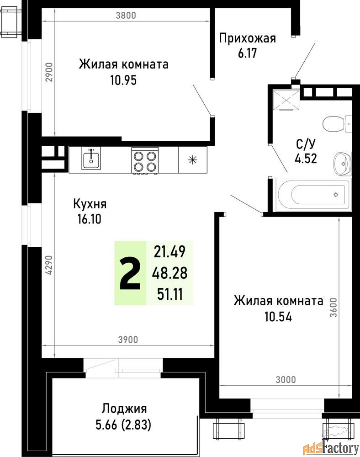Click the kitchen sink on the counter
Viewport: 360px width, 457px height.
91,158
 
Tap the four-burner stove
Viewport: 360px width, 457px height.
145,161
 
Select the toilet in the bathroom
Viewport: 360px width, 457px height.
337,123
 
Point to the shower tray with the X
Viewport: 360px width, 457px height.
286,100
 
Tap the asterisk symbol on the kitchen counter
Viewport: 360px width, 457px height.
192,160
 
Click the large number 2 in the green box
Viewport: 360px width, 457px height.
130,274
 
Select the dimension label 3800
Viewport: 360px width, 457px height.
126,15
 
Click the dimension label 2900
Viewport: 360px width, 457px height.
49,72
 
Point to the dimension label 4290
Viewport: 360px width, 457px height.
49,265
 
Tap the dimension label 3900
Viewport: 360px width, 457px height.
128,340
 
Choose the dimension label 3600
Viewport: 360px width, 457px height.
334,308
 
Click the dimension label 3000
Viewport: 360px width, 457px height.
286,379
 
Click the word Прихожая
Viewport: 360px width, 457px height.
247,38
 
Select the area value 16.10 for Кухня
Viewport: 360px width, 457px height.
90,218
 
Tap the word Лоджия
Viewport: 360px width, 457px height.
124,409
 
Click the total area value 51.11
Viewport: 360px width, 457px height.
170,294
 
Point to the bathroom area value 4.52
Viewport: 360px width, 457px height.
306,159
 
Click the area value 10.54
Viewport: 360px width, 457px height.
278,317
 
